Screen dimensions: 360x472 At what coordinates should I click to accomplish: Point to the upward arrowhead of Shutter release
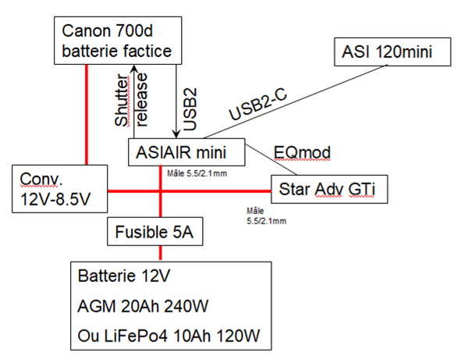click(x=135, y=69)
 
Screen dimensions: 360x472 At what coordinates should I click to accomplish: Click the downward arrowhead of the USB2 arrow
click(x=175, y=134)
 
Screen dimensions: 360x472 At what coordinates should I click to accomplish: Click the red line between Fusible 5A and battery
click(x=161, y=252)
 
